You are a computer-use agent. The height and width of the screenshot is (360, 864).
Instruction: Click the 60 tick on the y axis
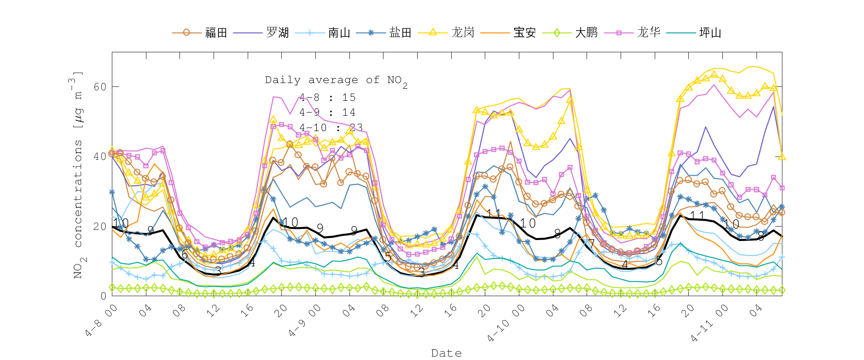100,87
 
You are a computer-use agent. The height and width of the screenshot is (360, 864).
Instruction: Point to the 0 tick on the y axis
103,296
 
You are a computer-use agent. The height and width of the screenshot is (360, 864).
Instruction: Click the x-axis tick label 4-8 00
101,321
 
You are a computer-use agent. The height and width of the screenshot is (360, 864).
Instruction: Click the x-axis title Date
446,353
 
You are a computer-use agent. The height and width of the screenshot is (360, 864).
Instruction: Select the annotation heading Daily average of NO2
336,81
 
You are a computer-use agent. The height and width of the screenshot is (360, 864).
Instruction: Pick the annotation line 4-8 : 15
327,97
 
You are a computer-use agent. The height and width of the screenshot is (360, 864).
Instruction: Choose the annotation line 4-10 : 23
331,128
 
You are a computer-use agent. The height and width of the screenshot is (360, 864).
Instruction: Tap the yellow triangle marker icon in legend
432,32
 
